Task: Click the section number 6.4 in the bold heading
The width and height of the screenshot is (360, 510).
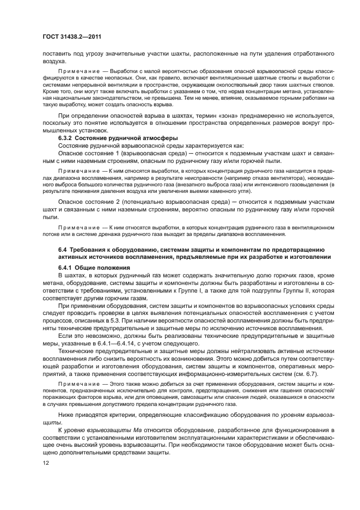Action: click(63, 249)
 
